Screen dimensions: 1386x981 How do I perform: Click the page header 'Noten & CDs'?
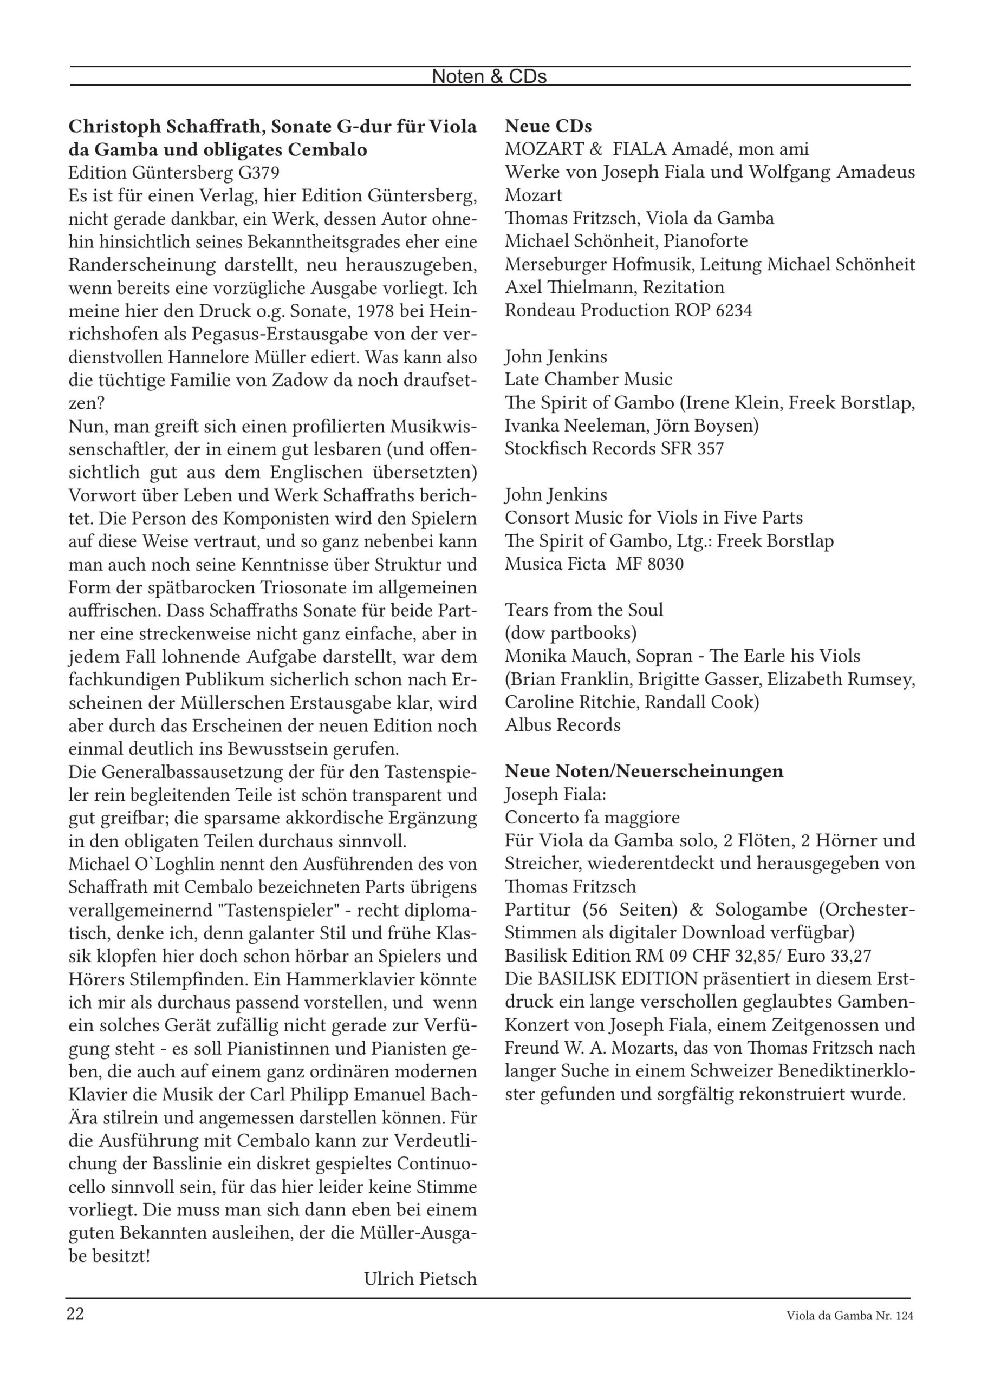489,77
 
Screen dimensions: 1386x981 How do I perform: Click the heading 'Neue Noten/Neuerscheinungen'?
644,771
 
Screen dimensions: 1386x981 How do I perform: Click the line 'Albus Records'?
562,725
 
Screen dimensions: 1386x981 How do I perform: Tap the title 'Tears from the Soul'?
583,610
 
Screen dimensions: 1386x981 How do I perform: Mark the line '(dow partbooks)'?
571,633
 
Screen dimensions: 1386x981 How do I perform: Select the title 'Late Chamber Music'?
588,380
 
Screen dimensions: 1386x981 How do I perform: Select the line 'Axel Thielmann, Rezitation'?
614,287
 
